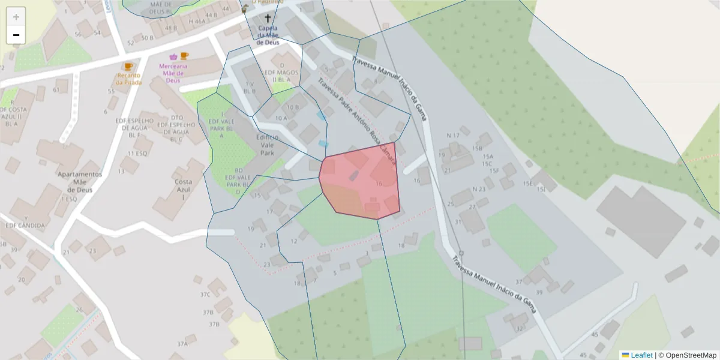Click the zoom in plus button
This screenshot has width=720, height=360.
(16, 17)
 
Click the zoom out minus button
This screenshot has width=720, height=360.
(16, 35)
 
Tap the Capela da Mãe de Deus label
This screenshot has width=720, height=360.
(268, 35)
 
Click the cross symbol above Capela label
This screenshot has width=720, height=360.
(268, 19)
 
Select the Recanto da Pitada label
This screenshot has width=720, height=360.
(129, 79)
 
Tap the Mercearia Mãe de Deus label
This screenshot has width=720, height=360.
(173, 73)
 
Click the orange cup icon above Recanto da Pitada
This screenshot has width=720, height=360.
(127, 66)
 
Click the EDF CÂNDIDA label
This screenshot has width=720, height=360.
(25, 226)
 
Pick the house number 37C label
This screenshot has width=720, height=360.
(205, 294)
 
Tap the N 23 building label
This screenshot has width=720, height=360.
(479, 189)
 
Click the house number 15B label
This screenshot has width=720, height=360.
(477, 148)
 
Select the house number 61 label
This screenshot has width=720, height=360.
(57, 90)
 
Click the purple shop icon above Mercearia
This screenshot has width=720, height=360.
(173, 57)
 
